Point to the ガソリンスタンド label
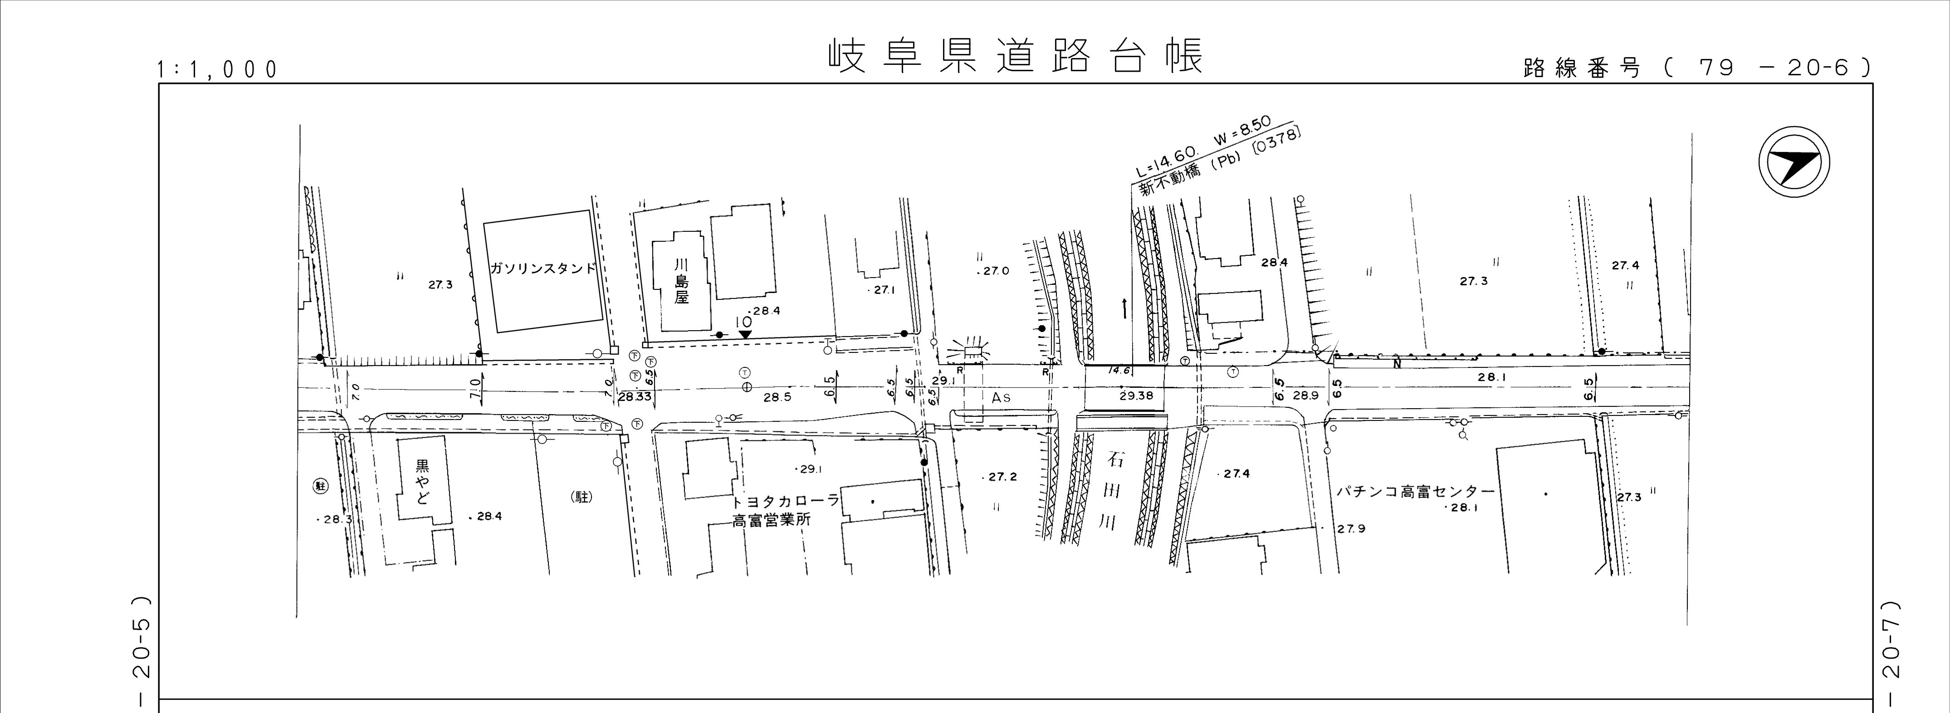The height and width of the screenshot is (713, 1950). pyautogui.click(x=543, y=269)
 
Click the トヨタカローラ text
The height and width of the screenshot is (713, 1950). pyautogui.click(x=785, y=501)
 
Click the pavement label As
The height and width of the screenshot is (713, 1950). pyautogui.click(x=1001, y=396)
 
